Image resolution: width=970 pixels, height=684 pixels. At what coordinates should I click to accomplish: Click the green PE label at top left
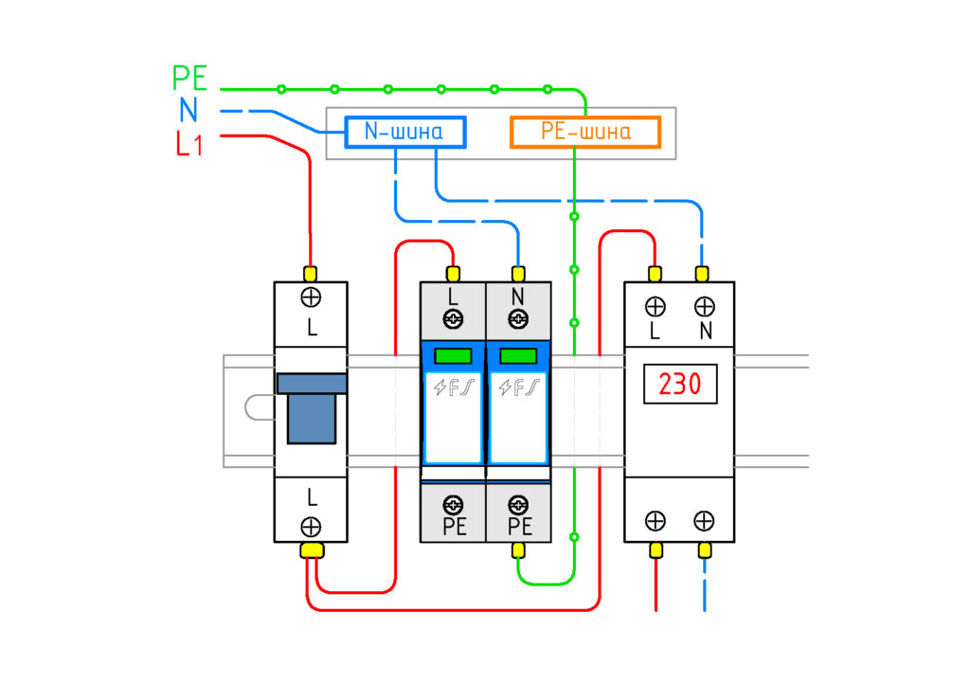[189, 79]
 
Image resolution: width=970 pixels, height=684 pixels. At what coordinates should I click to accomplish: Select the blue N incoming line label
[189, 110]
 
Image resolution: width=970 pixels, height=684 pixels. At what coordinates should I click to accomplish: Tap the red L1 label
[189, 144]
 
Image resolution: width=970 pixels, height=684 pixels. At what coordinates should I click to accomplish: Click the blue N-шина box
[405, 132]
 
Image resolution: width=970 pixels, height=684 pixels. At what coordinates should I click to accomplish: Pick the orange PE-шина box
[585, 132]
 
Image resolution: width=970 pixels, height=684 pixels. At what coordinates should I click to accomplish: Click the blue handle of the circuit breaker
[311, 408]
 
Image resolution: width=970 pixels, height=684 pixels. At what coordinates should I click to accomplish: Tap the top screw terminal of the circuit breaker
[311, 297]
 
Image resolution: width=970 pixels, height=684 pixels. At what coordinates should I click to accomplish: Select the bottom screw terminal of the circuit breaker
[311, 527]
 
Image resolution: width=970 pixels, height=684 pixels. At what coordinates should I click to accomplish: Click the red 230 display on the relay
[680, 384]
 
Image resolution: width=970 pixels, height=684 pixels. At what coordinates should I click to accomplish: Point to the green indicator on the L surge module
[454, 355]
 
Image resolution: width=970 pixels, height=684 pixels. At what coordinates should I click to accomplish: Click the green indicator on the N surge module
[518, 355]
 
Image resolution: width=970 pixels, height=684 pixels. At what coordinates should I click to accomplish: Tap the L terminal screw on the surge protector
[454, 319]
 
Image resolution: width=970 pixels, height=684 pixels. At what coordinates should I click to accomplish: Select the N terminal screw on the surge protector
[518, 319]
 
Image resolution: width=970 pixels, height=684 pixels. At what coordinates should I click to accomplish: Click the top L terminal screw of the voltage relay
[656, 307]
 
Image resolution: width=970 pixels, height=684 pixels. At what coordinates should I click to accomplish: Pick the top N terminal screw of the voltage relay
[704, 307]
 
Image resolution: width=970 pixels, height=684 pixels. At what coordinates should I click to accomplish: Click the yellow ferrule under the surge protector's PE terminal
[518, 549]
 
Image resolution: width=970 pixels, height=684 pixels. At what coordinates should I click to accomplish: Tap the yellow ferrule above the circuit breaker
[311, 274]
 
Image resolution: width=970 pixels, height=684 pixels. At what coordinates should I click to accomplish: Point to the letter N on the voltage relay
[705, 332]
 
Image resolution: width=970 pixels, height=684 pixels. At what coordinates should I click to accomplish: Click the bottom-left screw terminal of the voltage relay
[656, 521]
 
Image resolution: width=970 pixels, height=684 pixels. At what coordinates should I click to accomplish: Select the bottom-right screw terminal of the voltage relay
[704, 521]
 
